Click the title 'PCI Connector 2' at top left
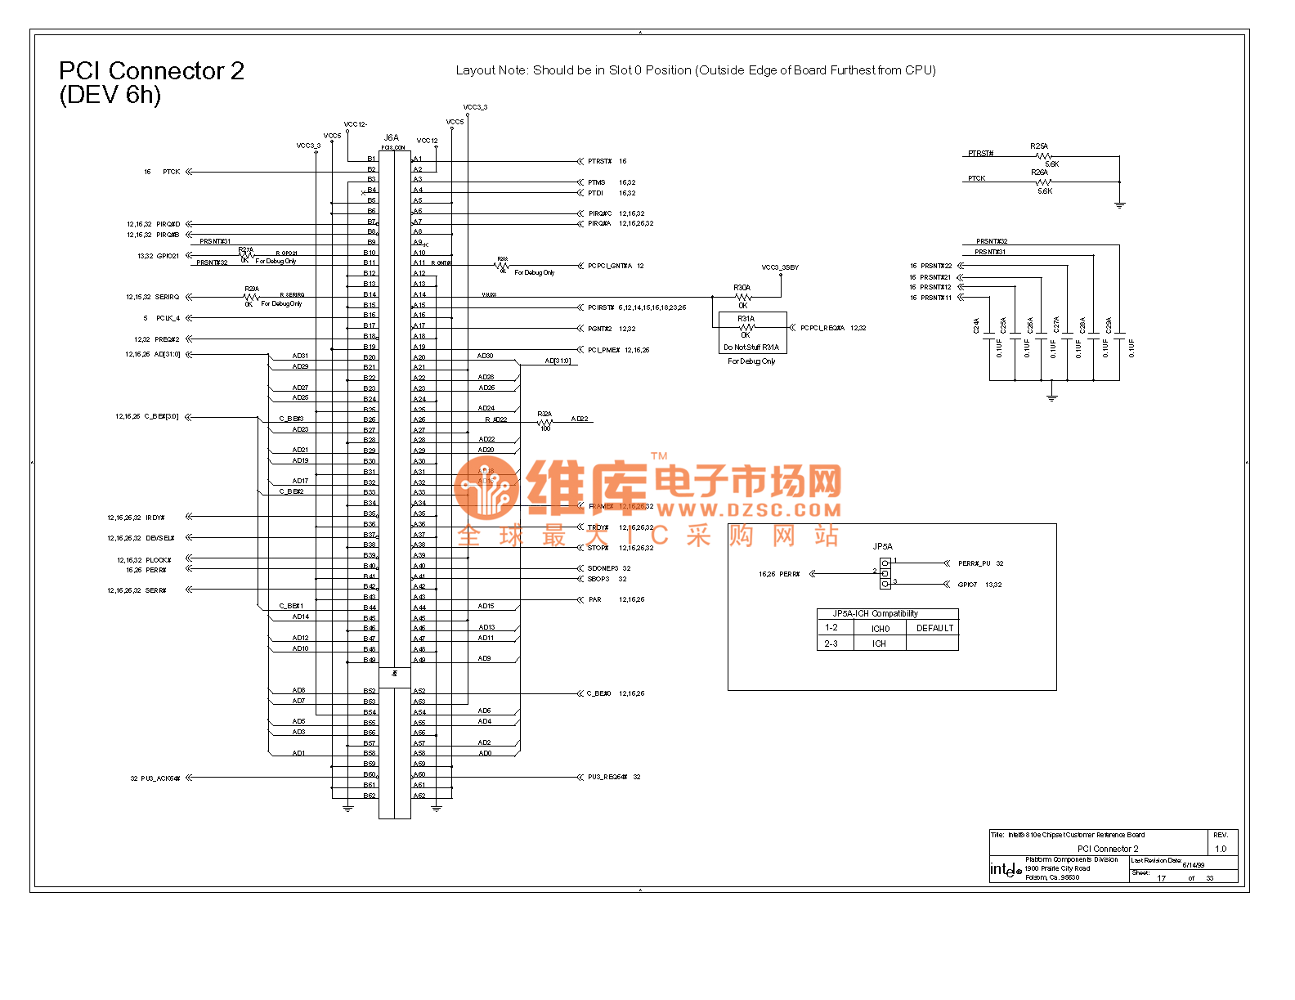point(151,72)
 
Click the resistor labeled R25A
point(1042,155)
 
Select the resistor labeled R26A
point(1042,182)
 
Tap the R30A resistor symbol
point(742,297)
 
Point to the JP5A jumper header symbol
point(885,573)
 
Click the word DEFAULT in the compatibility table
point(934,628)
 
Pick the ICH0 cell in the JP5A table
point(880,629)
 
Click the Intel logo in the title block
point(1005,870)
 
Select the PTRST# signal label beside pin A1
point(600,162)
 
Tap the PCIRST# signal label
point(601,308)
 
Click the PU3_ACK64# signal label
point(160,778)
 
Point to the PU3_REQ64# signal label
point(607,778)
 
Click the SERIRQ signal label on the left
point(167,298)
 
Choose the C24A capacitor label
point(976,325)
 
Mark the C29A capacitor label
point(1109,325)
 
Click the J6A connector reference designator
point(392,137)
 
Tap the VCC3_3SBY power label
point(780,267)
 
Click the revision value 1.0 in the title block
point(1221,849)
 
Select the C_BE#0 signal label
point(598,694)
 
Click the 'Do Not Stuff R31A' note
point(751,348)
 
